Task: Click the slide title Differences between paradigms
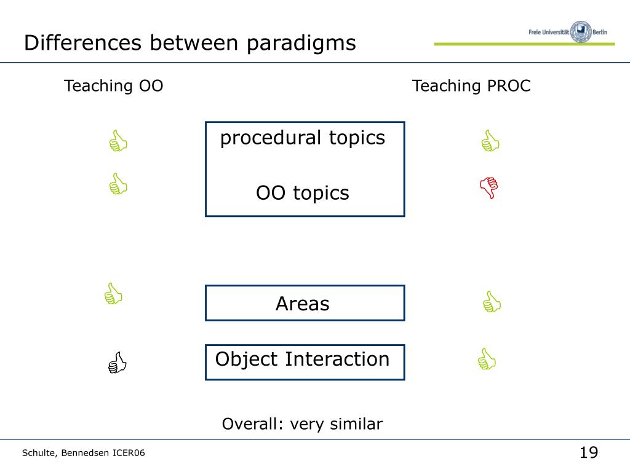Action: (189, 43)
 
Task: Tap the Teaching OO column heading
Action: (114, 86)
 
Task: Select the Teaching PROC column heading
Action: (471, 86)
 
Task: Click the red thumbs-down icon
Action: (489, 187)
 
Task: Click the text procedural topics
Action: (303, 138)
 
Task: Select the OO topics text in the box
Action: (303, 193)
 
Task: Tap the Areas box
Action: (305, 303)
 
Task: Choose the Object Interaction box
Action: (305, 361)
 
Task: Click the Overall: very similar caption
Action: (302, 424)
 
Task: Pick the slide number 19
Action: (588, 453)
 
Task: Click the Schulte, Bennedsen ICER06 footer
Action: (84, 454)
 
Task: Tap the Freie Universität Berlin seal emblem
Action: (581, 31)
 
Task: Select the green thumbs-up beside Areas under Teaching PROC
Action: (492, 302)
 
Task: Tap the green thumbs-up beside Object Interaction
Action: (486, 359)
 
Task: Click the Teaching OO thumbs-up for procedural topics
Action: (117, 141)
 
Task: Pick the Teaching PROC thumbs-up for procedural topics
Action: (490, 141)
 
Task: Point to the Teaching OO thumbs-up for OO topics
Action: (117, 184)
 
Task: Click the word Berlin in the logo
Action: (603, 32)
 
